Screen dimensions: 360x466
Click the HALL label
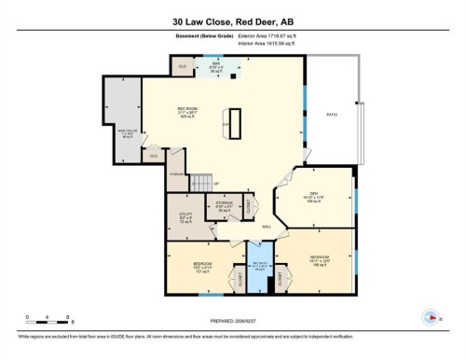(267, 227)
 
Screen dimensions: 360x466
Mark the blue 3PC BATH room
(258, 267)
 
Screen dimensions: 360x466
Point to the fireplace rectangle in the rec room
(236, 124)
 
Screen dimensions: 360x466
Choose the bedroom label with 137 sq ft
(200, 268)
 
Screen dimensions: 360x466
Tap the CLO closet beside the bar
(183, 67)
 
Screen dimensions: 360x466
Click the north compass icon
(430, 315)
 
